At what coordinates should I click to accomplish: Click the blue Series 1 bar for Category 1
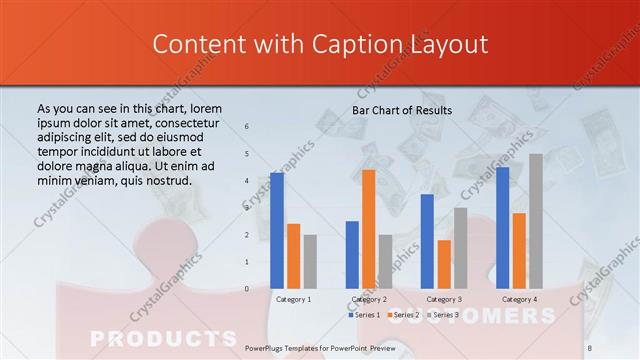point(277,230)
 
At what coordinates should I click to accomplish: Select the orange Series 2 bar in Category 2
point(368,229)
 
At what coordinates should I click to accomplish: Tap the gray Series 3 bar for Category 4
point(536,221)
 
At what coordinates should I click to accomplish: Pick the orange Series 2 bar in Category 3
point(444,264)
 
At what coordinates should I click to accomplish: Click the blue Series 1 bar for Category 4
point(502,227)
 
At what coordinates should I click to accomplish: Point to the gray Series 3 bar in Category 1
point(310,261)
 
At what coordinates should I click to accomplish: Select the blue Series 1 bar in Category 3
point(427,241)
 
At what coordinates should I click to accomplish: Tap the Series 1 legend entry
point(366,315)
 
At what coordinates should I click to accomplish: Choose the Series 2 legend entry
point(409,315)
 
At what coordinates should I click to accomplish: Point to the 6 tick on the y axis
point(247,127)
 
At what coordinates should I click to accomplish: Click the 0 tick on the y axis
point(247,289)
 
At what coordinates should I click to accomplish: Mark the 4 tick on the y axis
point(247,181)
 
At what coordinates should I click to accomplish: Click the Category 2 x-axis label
point(369,299)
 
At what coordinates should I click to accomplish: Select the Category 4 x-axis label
point(519,299)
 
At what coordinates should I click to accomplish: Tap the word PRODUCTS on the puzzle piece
point(164,337)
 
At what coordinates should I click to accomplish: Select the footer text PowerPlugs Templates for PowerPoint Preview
point(320,345)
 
